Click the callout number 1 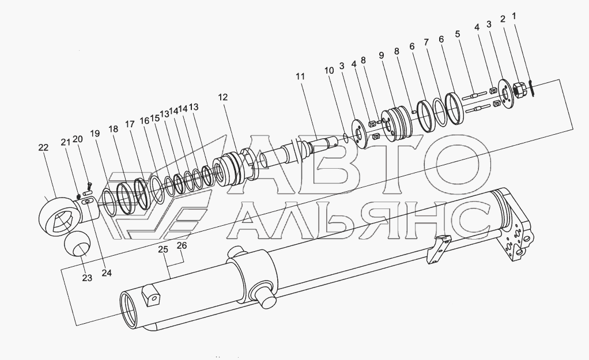point(514,16)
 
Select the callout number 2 point(503,19)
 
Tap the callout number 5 point(458,34)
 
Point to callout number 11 point(300,77)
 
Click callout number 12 point(223,97)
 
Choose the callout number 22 point(44,147)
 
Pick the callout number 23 point(87,278)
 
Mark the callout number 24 point(107,273)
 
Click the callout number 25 point(163,249)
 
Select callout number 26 point(182,246)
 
